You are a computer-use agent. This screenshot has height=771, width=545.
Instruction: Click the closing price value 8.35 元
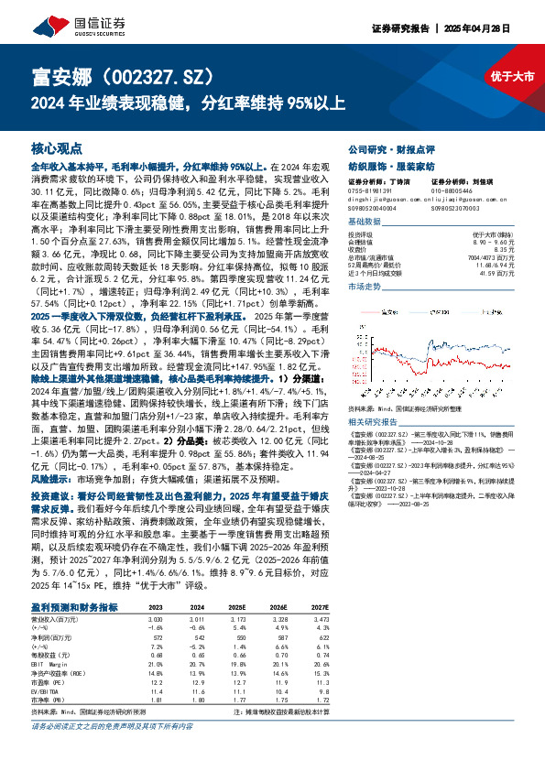502,247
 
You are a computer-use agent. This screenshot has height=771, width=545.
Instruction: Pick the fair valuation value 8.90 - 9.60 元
495,240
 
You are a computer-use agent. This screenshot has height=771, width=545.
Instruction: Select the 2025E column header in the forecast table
237,607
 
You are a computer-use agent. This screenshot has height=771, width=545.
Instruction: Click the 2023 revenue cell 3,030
157,618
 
